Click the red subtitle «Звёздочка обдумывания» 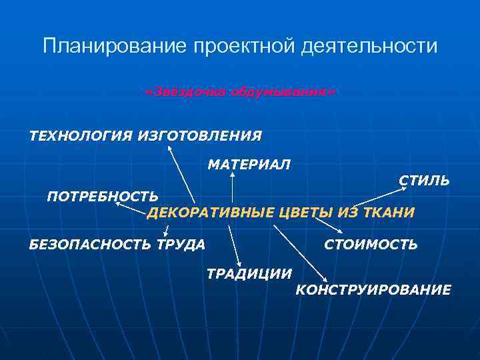pyautogui.click(x=240, y=91)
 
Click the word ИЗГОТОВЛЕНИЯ pyautogui.click(x=199, y=136)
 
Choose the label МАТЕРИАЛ pyautogui.click(x=249, y=164)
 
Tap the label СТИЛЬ pyautogui.click(x=424, y=181)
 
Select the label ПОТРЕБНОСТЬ pyautogui.click(x=103, y=196)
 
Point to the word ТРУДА pyautogui.click(x=181, y=245)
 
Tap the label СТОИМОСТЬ pyautogui.click(x=371, y=245)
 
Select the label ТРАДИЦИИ pyautogui.click(x=249, y=273)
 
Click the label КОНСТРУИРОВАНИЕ pyautogui.click(x=373, y=290)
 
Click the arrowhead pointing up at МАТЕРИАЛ pyautogui.click(x=232, y=175)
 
